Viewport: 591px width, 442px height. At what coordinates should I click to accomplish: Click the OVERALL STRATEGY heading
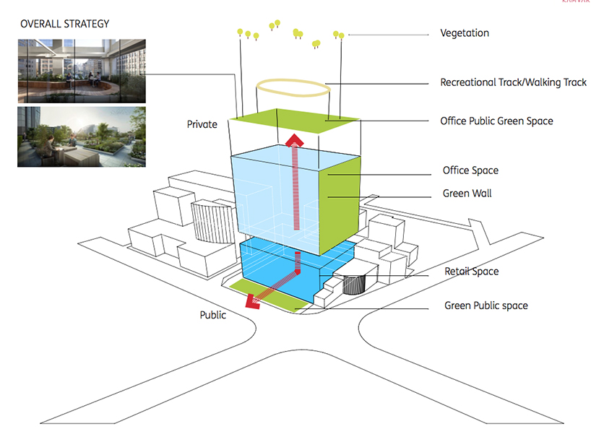(x=65, y=24)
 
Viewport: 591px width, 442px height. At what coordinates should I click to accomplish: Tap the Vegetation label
(x=475, y=33)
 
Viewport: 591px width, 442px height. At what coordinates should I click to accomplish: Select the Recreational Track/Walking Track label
(x=513, y=83)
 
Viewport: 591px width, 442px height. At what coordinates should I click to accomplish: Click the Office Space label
(x=470, y=171)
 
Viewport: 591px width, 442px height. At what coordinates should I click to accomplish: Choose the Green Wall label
(x=467, y=194)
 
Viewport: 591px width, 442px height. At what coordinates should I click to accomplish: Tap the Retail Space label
(x=471, y=272)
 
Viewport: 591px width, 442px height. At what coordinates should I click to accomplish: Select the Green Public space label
(x=486, y=305)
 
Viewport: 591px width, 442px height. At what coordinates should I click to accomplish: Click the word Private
(x=202, y=124)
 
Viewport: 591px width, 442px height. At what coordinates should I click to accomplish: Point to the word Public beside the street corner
(x=213, y=315)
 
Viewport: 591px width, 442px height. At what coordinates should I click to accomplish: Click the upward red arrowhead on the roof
(x=295, y=139)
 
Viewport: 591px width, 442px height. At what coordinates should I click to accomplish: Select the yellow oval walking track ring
(x=294, y=90)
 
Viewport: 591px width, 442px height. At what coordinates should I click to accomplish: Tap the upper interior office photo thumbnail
(x=82, y=70)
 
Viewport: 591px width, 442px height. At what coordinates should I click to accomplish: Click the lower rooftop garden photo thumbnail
(x=82, y=136)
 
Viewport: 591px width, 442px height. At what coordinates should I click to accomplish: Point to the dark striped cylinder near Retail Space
(x=355, y=284)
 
